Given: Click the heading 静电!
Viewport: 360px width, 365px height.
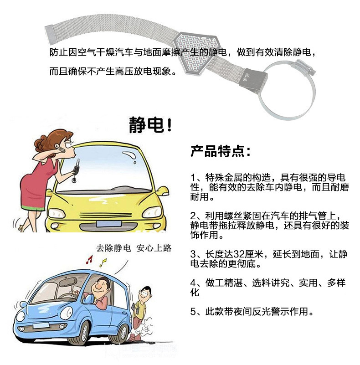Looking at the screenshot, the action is (x=150, y=125).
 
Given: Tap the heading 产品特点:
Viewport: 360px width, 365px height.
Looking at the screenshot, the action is (x=220, y=151).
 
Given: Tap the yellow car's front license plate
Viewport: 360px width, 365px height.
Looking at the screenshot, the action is (x=109, y=224).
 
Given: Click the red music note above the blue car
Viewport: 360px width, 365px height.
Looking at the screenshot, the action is (x=89, y=259).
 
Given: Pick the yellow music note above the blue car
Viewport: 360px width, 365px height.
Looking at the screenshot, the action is (x=103, y=262).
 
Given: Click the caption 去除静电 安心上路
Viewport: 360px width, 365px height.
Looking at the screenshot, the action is (x=134, y=248).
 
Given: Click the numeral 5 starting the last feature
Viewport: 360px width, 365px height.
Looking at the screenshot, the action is (x=193, y=312).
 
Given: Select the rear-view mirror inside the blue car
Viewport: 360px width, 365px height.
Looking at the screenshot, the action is (x=68, y=282).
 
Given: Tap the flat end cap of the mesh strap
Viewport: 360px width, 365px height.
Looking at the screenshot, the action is (x=51, y=34).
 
